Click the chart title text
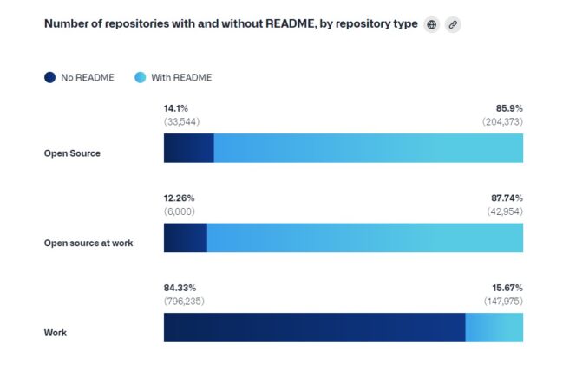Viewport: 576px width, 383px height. pos(231,23)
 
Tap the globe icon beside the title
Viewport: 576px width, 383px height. pos(432,24)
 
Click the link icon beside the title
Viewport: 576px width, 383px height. pos(453,24)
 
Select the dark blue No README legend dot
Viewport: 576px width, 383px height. pos(50,77)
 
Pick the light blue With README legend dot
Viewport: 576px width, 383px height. pos(141,77)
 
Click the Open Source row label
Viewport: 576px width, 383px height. pos(72,153)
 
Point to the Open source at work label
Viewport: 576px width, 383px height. pos(88,243)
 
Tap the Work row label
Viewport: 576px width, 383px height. pos(56,333)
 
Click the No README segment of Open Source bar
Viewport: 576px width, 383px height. pos(188,148)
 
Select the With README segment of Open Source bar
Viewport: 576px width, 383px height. pos(368,148)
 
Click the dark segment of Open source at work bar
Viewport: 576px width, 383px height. pos(185,237)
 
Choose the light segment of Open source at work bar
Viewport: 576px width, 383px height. pos(364,237)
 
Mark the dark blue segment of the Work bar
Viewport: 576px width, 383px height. pos(314,328)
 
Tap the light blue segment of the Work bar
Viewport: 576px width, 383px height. pos(494,328)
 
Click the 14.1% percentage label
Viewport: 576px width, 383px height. pos(176,108)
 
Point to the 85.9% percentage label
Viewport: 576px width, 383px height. pos(508,108)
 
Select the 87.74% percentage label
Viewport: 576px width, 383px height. pos(506,198)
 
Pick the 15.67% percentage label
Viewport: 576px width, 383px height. pos(506,288)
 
